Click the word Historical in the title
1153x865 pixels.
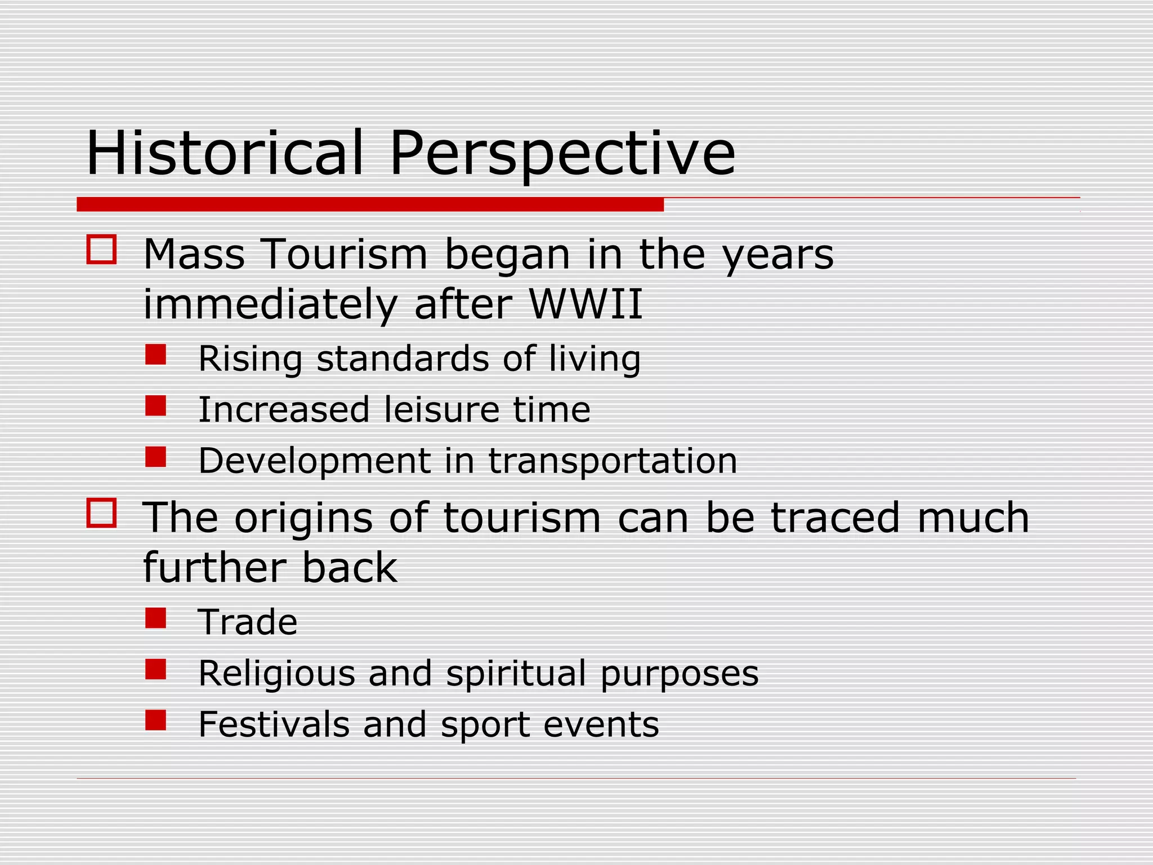tap(225, 153)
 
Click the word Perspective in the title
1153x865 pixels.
tap(562, 153)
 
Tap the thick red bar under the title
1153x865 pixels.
tap(370, 204)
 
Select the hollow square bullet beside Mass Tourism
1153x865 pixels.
tap(101, 249)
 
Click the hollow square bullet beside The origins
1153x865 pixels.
tap(101, 512)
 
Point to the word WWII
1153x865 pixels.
tap(586, 305)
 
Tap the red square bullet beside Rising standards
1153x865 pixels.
tap(155, 355)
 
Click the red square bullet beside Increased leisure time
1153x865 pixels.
tap(155, 405)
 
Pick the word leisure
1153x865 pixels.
tap(442, 409)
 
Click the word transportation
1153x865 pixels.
tap(613, 461)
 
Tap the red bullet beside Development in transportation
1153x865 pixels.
tap(155, 457)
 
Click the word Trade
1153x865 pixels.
tap(248, 622)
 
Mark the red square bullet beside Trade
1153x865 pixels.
tap(155, 618)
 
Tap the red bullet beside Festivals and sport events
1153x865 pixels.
tap(155, 720)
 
